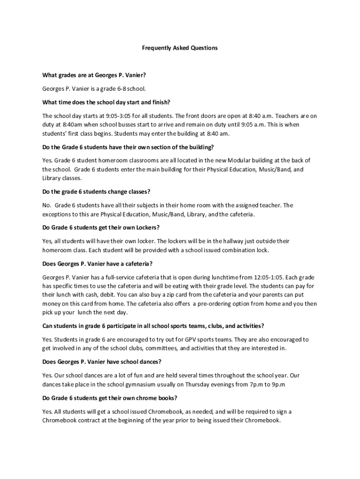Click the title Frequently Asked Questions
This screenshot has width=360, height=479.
(x=180, y=48)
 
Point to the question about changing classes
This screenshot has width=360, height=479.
(x=96, y=192)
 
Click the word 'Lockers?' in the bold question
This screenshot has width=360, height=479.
(x=148, y=228)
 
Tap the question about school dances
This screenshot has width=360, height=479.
(x=101, y=362)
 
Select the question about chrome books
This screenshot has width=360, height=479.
(x=109, y=398)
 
